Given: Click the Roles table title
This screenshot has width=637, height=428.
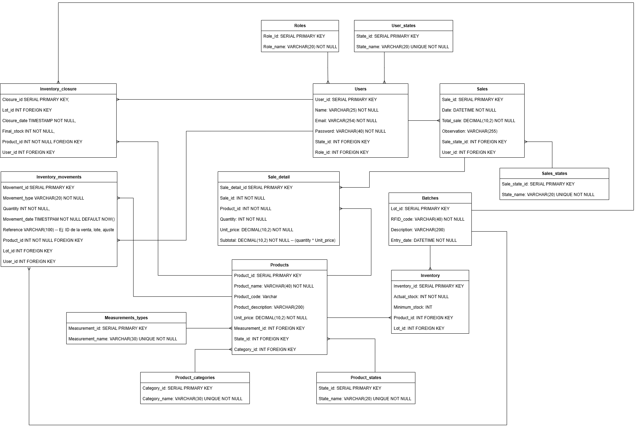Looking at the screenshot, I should coord(300,26).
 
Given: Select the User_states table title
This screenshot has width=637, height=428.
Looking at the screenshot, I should coord(403,26).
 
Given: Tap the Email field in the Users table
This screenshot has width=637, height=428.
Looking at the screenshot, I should coord(346,121).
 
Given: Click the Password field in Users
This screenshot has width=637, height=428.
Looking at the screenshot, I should coord(350,131).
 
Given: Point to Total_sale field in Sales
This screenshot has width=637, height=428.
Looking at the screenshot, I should coord(478,121).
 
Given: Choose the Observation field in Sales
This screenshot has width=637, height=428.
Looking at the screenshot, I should coord(470,131).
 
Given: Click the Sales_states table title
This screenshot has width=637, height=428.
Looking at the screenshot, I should coord(554,174).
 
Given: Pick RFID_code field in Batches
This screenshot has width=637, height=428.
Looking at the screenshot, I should coord(427,219).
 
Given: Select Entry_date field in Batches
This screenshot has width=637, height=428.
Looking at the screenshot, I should coord(423,240).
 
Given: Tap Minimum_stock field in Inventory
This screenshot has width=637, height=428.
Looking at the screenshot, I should coord(413,307).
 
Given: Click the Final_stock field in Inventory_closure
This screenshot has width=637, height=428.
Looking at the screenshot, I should coord(29,131).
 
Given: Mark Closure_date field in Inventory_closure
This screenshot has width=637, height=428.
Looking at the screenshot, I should coord(39,121).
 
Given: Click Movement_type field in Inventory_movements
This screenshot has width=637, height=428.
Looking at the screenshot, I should coord(43,198).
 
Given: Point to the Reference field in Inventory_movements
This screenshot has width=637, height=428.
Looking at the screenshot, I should coord(58,230).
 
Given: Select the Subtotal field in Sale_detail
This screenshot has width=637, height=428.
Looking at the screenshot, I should coord(278,240).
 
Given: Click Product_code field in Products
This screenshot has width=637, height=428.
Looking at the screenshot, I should coord(255,297).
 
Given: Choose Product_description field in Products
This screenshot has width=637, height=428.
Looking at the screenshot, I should coord(269,307).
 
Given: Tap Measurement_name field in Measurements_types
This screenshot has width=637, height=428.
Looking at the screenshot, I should coord(123,339).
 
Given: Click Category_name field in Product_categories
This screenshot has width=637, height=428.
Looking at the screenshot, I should coord(192,399).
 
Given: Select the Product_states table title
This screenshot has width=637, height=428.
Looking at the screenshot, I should coord(366,378).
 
